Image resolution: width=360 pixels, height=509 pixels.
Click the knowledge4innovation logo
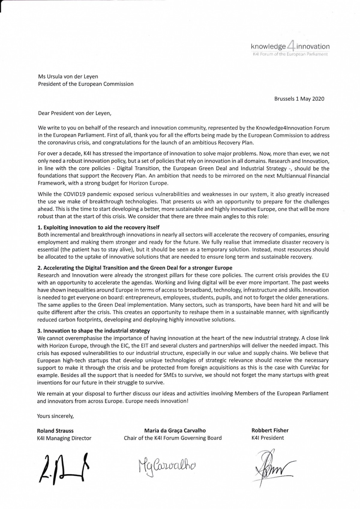tap(290, 46)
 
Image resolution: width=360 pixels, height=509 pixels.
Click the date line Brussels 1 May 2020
tap(299, 99)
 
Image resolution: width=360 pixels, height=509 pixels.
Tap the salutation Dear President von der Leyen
tap(74, 113)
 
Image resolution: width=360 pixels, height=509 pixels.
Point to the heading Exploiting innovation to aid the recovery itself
tap(98, 228)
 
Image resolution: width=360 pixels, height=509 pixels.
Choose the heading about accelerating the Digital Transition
tap(135, 268)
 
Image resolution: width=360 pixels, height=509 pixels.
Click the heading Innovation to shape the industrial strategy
tap(94, 331)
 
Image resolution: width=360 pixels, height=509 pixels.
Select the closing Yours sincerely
tap(55, 416)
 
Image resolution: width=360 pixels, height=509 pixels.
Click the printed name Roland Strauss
tap(55, 431)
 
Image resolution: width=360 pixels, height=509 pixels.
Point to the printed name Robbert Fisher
tap(270, 430)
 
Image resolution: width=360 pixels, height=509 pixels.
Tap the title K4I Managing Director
tap(64, 438)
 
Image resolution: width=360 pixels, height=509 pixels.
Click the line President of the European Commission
tap(85, 84)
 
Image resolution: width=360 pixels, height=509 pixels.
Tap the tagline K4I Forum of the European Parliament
tap(290, 54)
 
